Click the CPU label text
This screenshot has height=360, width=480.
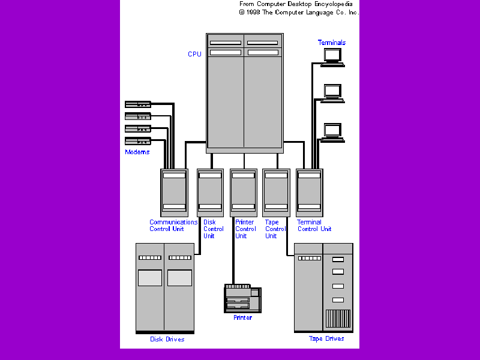pos(194,54)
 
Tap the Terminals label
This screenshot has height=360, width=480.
pos(332,43)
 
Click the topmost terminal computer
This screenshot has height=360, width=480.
pos(332,56)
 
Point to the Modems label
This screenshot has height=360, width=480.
pos(137,152)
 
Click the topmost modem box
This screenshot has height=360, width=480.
pos(137,104)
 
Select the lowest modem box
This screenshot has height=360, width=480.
pos(137,141)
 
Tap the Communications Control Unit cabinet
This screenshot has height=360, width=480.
pos(174,192)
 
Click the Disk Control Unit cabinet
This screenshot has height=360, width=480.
pos(210,192)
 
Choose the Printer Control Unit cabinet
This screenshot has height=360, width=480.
pos(243,192)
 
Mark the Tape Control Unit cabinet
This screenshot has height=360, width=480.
pos(276,192)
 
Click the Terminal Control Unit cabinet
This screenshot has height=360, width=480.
pos(309,192)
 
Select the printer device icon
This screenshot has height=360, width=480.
pos(243,298)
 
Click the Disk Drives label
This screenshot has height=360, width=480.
pos(167,339)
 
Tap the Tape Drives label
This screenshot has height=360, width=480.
pos(326,338)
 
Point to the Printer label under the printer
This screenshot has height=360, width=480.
pos(242,317)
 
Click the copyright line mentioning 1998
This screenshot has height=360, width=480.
pos(299,12)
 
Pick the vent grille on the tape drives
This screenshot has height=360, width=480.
pos(337,318)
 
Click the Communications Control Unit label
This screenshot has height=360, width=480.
pos(173,225)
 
